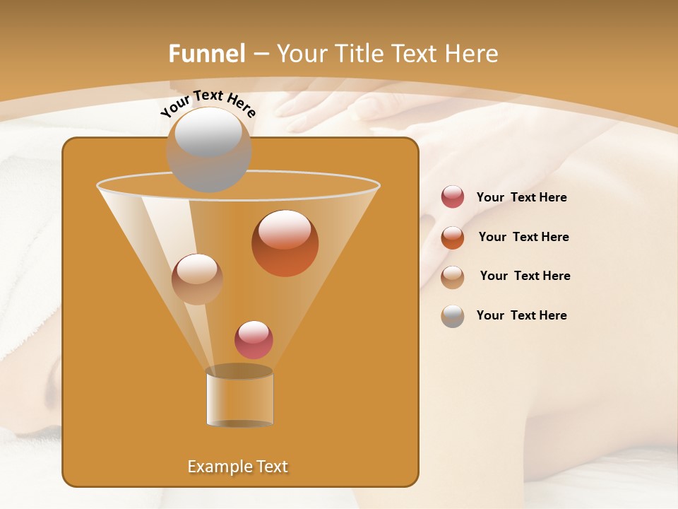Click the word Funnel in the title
[x=207, y=54]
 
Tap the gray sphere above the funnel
[x=208, y=148]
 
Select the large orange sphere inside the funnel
[x=285, y=243]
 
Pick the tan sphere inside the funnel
[x=197, y=279]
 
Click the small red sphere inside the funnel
[x=254, y=339]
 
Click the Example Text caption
[x=237, y=467]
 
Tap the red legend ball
[x=453, y=197]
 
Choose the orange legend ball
[x=453, y=238]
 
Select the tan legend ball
[x=453, y=277]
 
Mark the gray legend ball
[x=453, y=316]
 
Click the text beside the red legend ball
[x=521, y=197]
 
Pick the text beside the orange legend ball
[x=523, y=237]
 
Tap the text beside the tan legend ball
[x=525, y=276]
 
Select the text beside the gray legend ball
[x=521, y=315]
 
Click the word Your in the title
[x=299, y=54]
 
